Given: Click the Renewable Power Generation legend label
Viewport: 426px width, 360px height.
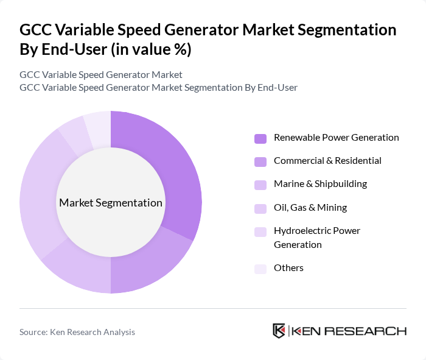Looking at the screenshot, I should [336, 138].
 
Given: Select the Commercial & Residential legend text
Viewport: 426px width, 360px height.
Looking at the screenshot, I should [327, 161].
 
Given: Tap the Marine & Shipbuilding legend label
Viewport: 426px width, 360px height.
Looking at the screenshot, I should [320, 184].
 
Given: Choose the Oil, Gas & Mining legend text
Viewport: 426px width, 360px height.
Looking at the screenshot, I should [310, 208].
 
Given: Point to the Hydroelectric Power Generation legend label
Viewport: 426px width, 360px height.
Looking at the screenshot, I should [316, 238].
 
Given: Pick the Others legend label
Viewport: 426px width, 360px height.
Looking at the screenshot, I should [288, 268].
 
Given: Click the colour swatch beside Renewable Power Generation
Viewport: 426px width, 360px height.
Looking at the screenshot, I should [260, 138].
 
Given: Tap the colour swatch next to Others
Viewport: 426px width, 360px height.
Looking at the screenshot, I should [260, 269].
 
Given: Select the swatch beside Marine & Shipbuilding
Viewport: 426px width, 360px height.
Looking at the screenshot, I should [260, 185].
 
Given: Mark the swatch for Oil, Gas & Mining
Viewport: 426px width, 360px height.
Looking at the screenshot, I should [260, 208].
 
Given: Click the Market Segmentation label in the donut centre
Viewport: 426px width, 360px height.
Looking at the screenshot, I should [110, 203].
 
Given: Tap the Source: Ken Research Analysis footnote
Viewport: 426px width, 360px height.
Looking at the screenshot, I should [77, 332].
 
